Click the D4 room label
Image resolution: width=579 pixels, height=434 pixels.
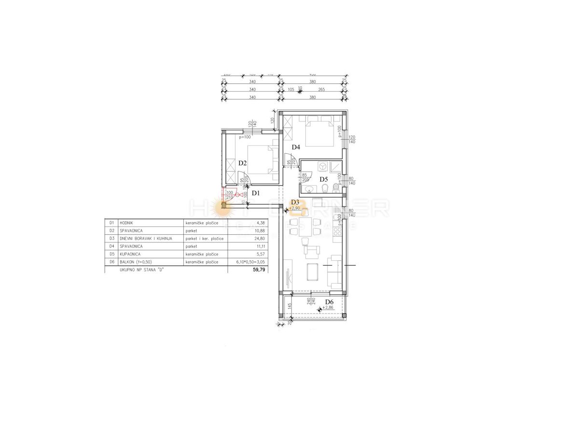tap(296, 147)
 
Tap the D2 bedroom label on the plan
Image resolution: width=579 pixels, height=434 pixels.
tap(243, 163)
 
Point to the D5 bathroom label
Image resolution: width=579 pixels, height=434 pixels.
tap(324, 179)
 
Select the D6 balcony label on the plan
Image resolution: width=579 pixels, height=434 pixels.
tap(329, 302)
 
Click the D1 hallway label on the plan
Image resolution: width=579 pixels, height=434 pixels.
tap(256, 193)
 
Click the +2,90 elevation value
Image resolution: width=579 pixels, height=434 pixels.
tap(295, 208)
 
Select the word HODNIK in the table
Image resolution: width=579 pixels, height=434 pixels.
tap(127, 223)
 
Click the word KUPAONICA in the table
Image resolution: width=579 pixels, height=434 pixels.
tap(130, 254)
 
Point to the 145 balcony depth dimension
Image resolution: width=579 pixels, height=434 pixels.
tap(289, 306)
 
